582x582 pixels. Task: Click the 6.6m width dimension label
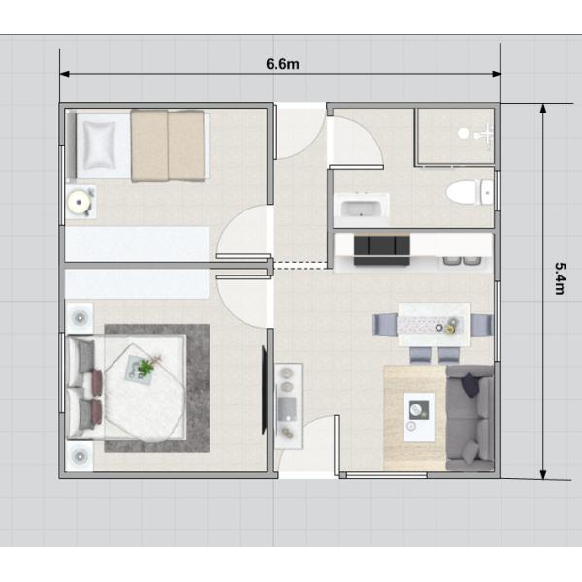[x=282, y=64]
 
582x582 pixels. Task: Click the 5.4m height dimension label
[x=560, y=278]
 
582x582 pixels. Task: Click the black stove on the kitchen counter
[x=381, y=250]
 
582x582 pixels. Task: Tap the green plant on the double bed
[x=145, y=367]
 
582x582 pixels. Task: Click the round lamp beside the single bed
[x=79, y=202]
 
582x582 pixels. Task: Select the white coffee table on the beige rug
[x=419, y=417]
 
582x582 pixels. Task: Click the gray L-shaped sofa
[x=470, y=417]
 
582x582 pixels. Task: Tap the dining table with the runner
[x=435, y=324]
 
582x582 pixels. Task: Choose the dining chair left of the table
[x=385, y=324]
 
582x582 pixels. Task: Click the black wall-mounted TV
[x=264, y=390]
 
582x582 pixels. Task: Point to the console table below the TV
[x=288, y=406]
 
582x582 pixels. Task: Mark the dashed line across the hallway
[x=300, y=265]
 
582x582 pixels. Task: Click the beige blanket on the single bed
[x=168, y=145]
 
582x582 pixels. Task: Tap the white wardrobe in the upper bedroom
[x=137, y=243]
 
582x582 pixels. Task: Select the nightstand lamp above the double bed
[x=80, y=318]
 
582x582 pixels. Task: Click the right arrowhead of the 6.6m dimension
[x=497, y=74]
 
